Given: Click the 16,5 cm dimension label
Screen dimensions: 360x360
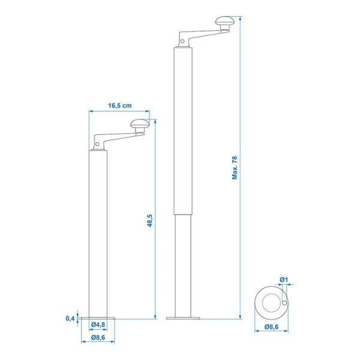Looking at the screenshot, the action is tap(120, 106).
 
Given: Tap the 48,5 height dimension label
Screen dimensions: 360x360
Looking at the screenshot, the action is tap(149, 220).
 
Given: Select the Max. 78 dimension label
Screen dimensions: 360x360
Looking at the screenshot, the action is tap(235, 167).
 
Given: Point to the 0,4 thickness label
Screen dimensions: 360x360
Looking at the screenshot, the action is tap(70, 318).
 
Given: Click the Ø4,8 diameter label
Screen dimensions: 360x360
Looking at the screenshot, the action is tap(98, 325).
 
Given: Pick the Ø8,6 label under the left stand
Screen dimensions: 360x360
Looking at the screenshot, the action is tap(98, 337).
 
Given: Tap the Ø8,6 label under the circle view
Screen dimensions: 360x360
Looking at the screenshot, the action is tap(271, 327).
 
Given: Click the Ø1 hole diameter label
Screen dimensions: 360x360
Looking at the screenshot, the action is tap(284, 280).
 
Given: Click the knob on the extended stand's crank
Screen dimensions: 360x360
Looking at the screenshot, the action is tap(225, 21).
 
